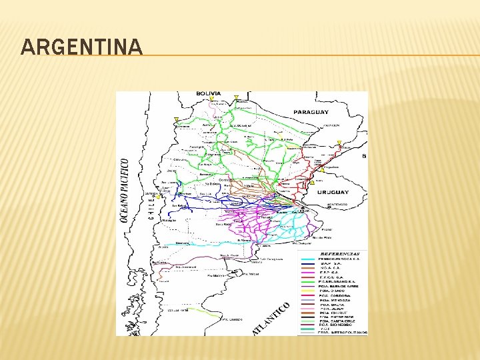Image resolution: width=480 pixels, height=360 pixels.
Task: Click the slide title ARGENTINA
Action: pyautogui.click(x=81, y=47)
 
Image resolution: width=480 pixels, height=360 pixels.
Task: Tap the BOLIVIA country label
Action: pyautogui.click(x=209, y=93)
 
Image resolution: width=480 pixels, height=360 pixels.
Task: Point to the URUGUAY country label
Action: pyautogui.click(x=332, y=192)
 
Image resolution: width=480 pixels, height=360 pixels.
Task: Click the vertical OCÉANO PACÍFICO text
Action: pyautogui.click(x=123, y=191)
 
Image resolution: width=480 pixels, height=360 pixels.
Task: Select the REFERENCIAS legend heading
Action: pyautogui.click(x=340, y=253)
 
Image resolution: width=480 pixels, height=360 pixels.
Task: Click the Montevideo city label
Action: pyautogui.click(x=336, y=204)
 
